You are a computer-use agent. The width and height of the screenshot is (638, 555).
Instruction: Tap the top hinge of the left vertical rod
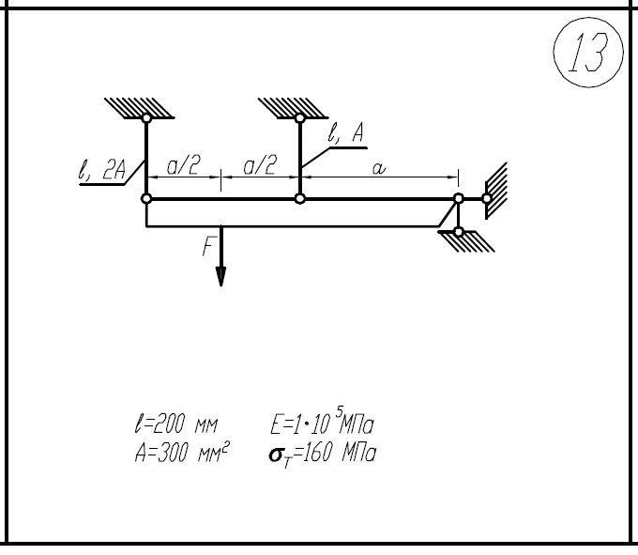pos(146,118)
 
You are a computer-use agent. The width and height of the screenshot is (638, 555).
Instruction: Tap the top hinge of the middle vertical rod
pos(300,118)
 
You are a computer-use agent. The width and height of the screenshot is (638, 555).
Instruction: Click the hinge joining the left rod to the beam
pos(146,198)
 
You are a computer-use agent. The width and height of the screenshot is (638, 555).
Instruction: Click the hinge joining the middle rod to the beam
pos(300,198)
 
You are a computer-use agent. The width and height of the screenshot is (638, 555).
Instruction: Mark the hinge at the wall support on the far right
pos(486,198)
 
